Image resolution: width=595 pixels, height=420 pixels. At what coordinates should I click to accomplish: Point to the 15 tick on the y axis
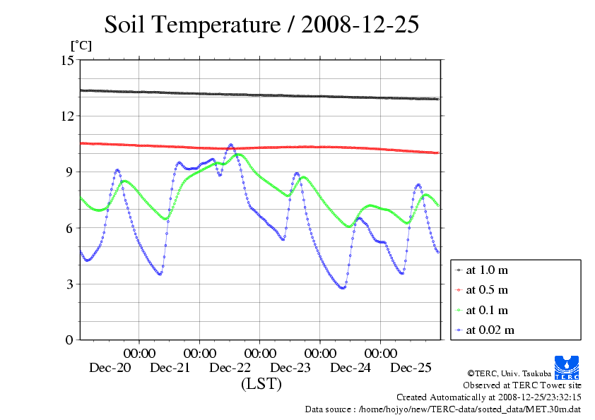click(x=67, y=60)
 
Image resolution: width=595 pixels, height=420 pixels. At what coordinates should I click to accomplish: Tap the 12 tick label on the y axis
click(x=67, y=116)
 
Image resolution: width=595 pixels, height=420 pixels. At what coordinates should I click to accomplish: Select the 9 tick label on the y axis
click(x=70, y=172)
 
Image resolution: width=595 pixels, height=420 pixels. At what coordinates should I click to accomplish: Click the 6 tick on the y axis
click(x=70, y=228)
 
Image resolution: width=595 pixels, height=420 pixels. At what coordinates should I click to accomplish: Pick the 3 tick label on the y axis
click(x=70, y=284)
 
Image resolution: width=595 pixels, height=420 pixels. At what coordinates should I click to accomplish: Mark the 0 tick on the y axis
click(x=70, y=340)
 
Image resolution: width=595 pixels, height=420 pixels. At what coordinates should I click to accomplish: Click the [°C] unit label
click(x=80, y=46)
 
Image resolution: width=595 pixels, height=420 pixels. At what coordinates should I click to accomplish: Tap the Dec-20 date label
click(x=110, y=368)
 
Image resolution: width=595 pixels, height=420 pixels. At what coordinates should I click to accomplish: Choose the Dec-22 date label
click(x=230, y=368)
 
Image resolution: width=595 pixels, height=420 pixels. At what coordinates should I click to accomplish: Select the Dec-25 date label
click(x=411, y=368)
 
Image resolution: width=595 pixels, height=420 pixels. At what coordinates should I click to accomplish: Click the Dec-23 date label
click(x=290, y=368)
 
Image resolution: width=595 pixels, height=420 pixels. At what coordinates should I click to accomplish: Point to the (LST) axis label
click(x=261, y=385)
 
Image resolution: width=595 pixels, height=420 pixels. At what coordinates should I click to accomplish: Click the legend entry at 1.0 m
click(x=488, y=270)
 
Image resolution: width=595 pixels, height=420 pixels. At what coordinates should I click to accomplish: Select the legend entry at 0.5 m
click(x=488, y=290)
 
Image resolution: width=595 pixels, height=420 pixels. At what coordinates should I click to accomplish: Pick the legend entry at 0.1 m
click(x=488, y=310)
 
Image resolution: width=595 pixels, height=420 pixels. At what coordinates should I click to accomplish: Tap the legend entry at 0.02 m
click(x=490, y=330)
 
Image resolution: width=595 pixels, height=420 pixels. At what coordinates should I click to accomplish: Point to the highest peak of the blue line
click(x=230, y=145)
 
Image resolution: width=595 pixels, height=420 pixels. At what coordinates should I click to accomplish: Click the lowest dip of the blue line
click(x=343, y=288)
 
